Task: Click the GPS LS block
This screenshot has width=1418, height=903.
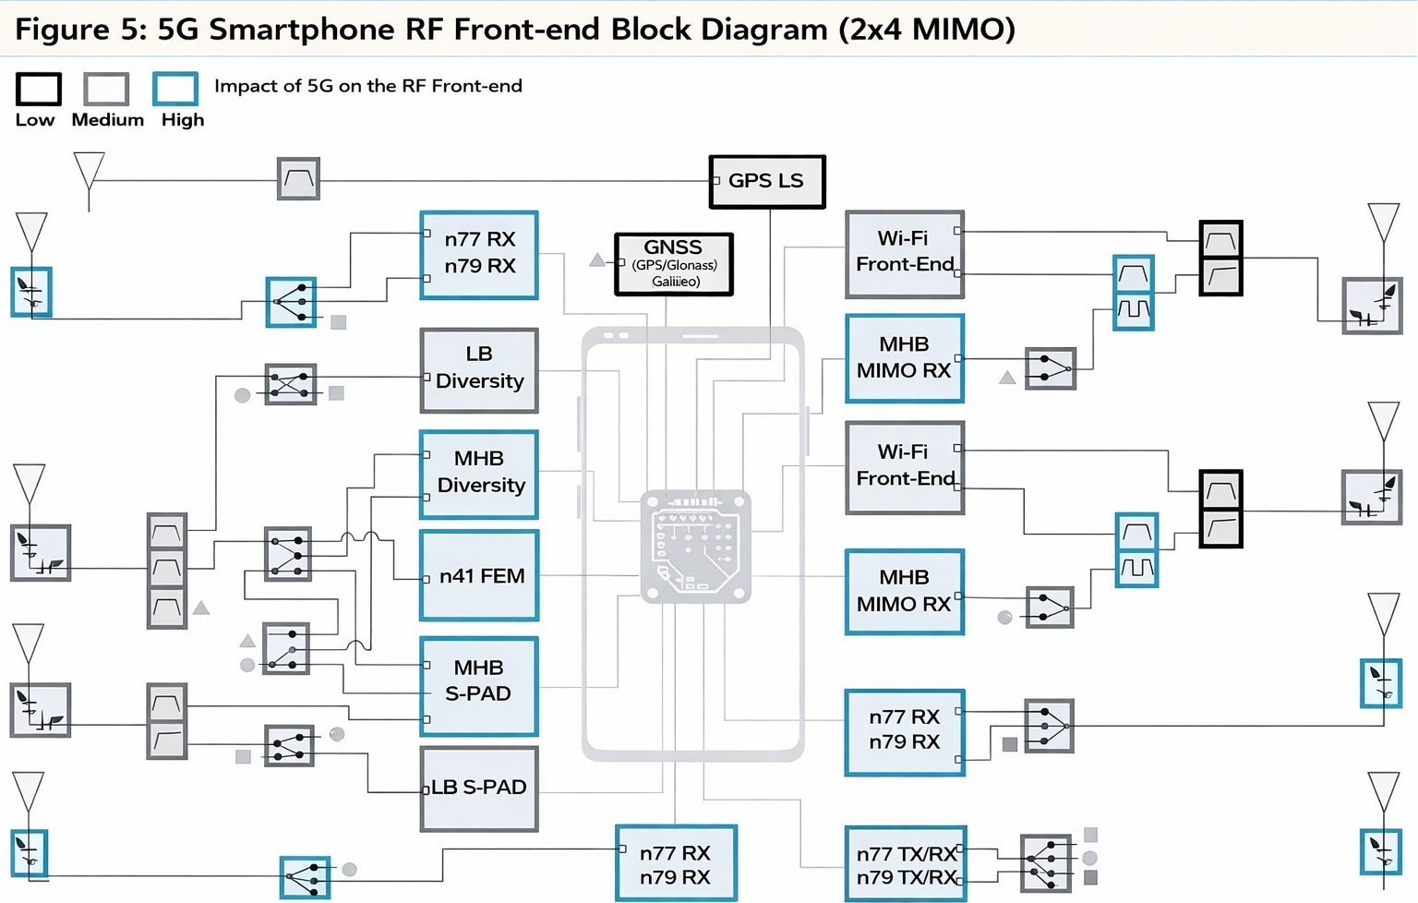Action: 766,181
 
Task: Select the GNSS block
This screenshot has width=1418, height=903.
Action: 674,264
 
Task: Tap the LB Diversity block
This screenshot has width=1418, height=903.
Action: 479,369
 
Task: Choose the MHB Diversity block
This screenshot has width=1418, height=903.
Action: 479,473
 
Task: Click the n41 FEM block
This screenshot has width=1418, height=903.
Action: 479,575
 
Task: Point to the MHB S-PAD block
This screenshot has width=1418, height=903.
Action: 479,684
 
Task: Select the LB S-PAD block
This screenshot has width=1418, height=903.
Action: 479,788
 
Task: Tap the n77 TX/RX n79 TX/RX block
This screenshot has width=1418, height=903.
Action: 906,864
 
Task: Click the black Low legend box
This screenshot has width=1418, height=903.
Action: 39,90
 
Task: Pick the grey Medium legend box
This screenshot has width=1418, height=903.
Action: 106,90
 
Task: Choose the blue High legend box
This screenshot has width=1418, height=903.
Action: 175,90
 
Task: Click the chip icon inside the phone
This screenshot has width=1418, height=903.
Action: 695,547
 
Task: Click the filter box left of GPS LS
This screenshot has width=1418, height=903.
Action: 299,178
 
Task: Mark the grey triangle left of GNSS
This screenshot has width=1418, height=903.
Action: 597,260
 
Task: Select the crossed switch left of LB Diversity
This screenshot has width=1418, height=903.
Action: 291,383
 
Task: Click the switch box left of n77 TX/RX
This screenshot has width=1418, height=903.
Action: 1046,863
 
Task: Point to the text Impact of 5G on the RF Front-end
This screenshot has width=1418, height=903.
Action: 368,86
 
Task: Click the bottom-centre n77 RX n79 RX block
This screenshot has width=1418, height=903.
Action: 676,863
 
